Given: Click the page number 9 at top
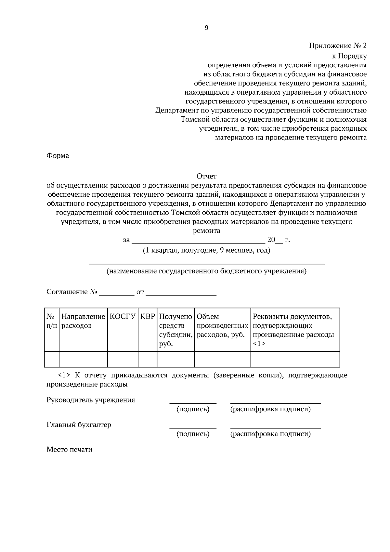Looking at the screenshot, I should (207, 28).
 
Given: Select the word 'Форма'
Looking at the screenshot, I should (58, 155).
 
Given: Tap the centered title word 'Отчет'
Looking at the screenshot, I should (206, 176).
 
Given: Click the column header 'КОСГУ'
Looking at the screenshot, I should (123, 317).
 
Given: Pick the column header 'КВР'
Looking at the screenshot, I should (147, 317).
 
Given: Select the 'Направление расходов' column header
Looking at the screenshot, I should (83, 321).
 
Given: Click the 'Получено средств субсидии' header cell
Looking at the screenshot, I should (175, 330).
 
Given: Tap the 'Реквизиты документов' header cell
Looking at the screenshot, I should (295, 330).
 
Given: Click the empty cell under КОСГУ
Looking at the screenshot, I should (123, 359).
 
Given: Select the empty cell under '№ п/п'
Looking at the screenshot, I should (52, 359).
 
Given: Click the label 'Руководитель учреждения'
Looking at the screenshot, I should (91, 400).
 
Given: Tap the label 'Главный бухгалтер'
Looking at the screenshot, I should (79, 425).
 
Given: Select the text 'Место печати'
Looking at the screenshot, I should (70, 450).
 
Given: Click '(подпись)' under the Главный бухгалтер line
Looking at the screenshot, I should (193, 434).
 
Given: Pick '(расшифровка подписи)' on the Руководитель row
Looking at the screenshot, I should (270, 409).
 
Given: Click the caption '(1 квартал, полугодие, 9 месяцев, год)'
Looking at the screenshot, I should (206, 251).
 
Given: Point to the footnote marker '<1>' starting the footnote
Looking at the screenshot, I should (64, 375).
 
